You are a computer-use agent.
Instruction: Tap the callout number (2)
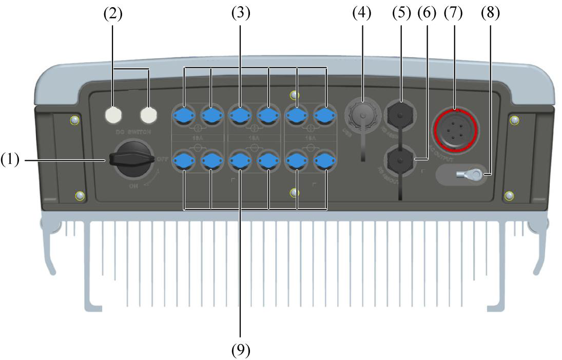click(112, 14)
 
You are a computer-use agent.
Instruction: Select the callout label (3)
click(240, 14)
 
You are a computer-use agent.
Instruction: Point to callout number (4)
click(361, 14)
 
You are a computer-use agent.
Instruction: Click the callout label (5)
click(402, 14)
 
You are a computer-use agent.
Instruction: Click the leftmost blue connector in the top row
click(183, 116)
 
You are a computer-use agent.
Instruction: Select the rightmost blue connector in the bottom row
click(323, 163)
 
